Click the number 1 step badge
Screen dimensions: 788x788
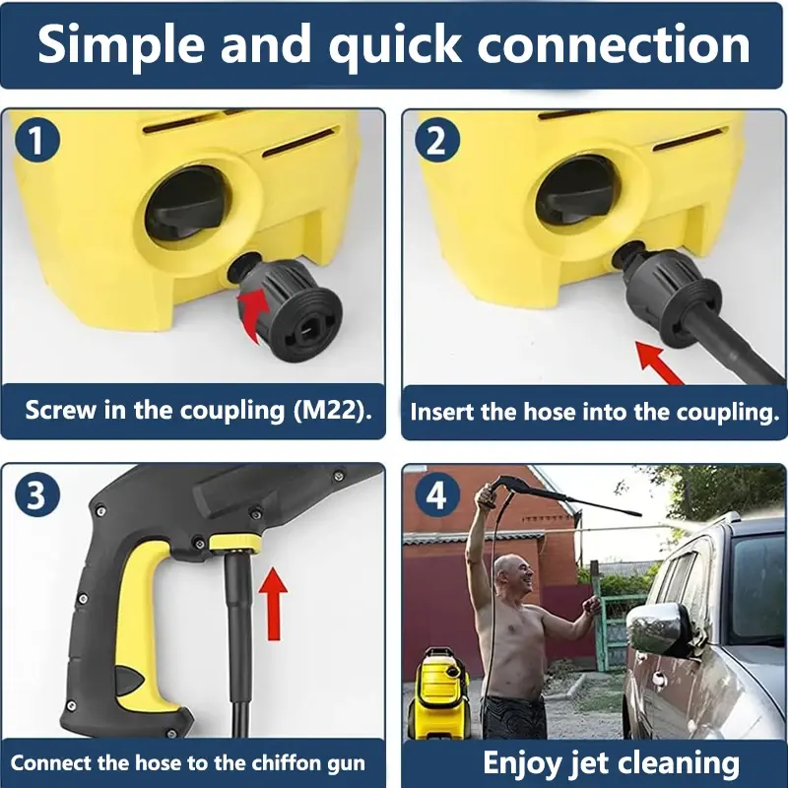37,140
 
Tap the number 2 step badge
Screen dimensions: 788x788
436,140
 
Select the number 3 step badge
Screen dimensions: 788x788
37,494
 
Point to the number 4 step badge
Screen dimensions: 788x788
436,495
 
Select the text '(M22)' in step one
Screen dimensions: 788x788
333,411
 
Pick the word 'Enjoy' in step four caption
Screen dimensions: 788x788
524,764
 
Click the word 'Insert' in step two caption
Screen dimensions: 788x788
441,412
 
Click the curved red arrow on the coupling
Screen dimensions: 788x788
254,314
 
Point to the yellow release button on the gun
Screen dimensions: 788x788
235,544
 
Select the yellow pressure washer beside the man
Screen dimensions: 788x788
438,693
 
